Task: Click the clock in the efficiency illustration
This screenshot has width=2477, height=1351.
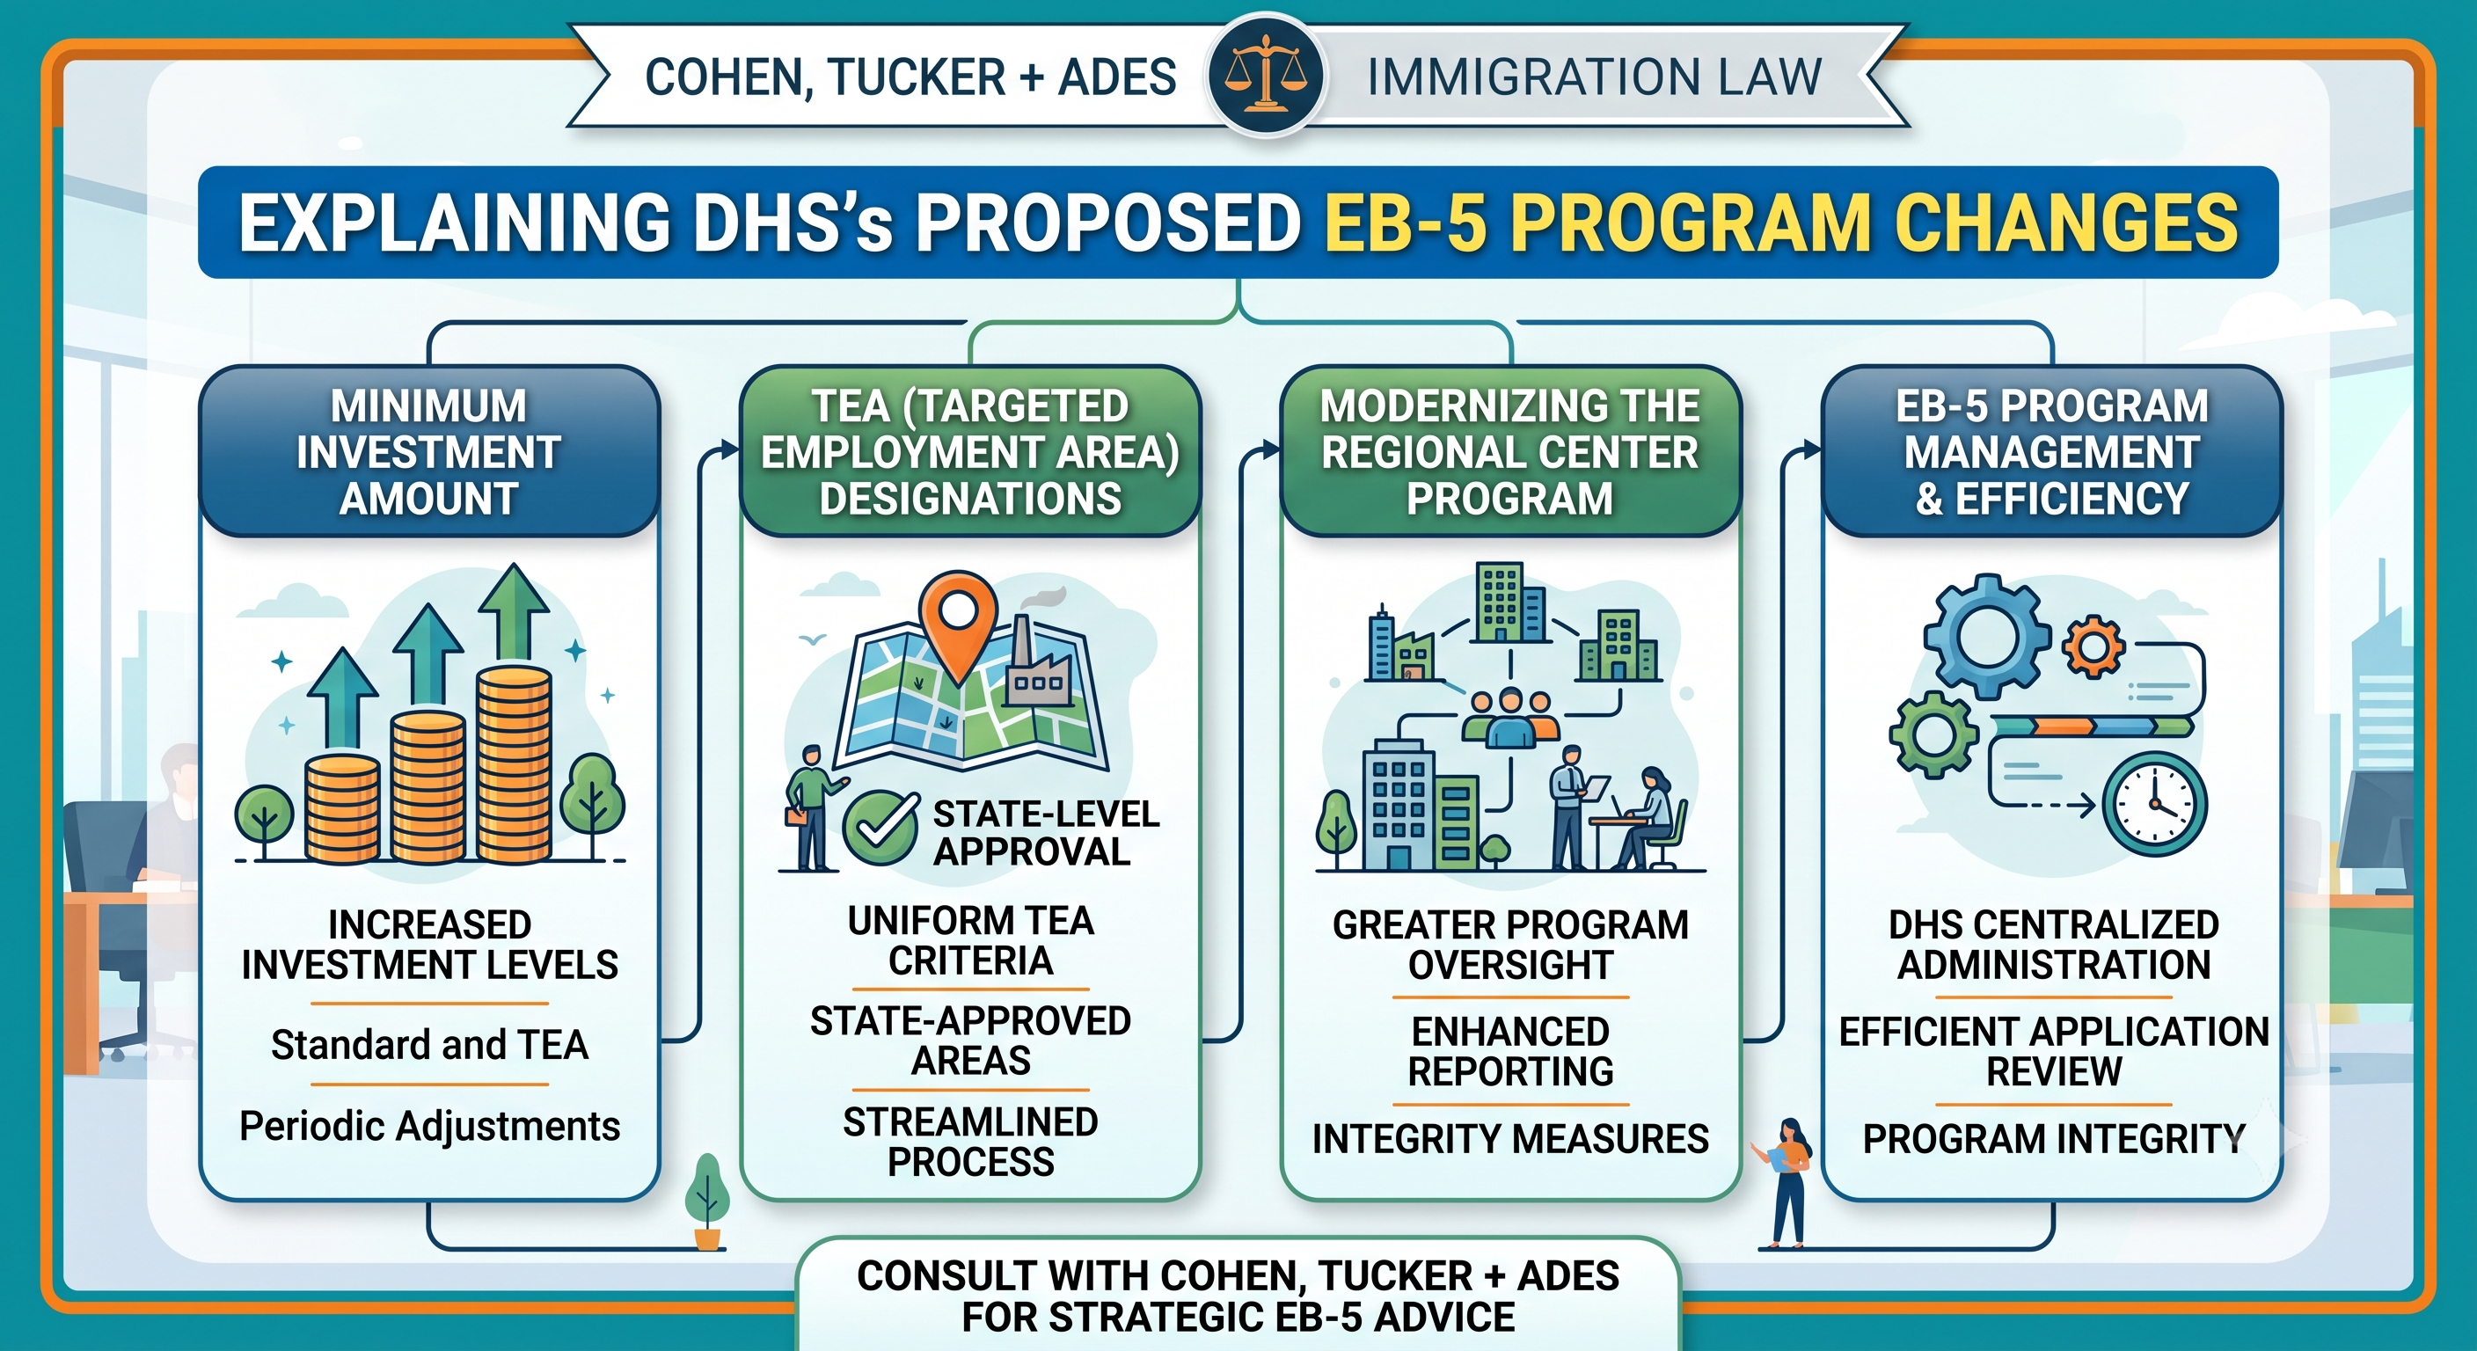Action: click(2155, 804)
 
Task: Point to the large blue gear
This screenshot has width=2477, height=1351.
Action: click(1986, 636)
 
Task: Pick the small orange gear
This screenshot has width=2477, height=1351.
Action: click(2093, 646)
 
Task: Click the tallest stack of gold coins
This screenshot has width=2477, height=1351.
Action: click(514, 763)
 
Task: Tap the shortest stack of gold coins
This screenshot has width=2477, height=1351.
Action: click(342, 807)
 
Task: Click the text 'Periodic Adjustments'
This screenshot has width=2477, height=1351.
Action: click(430, 1126)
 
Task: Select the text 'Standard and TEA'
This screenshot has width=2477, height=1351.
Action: click(430, 1044)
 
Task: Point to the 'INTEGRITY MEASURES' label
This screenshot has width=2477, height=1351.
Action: click(1510, 1138)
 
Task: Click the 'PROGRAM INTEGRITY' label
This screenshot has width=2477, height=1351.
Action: click(2054, 1138)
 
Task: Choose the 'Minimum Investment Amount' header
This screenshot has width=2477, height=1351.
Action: click(429, 452)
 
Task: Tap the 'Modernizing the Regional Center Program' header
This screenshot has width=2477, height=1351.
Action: click(1510, 452)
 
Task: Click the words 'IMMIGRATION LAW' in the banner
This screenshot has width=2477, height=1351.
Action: click(1594, 77)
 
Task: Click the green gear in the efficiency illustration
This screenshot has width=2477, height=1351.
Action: click(1933, 734)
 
